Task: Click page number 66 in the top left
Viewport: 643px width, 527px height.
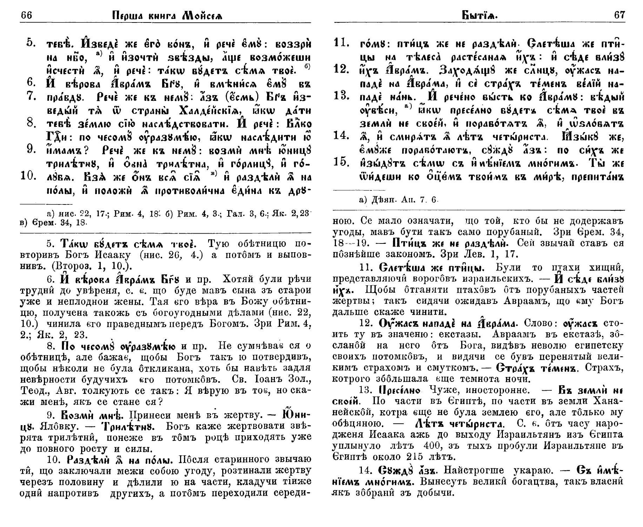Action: point(27,15)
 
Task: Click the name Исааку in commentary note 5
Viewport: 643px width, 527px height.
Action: point(117,255)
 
